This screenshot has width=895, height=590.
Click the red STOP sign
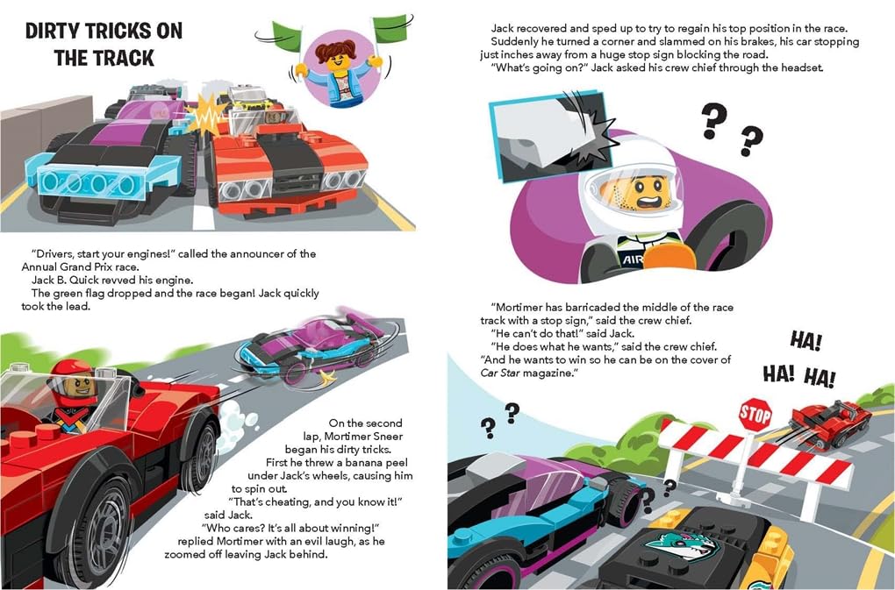tap(755, 415)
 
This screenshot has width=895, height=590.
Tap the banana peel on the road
tap(327, 375)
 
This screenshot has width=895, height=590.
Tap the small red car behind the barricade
tap(829, 423)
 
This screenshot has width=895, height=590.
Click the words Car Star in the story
tap(500, 373)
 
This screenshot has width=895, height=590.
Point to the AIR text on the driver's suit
tap(633, 260)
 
